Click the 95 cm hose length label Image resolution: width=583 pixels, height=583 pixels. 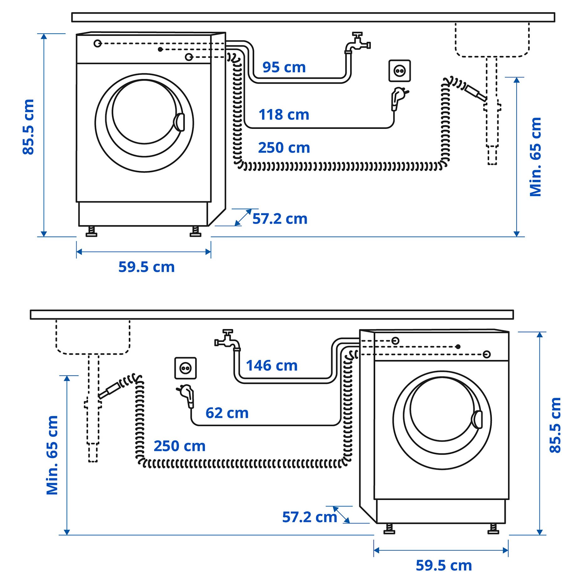284,67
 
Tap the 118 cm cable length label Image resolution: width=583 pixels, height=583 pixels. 284,115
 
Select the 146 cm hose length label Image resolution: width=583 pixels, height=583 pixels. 271,366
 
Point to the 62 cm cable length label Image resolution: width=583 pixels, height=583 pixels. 227,413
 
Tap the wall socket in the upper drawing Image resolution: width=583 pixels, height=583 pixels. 399,71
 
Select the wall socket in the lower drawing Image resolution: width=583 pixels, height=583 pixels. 185,368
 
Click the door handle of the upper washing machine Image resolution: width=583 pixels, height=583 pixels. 180,122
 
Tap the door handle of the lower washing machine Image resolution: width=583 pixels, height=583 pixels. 477,419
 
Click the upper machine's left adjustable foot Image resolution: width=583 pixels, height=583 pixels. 91,232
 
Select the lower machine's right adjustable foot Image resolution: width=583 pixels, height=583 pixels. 493,529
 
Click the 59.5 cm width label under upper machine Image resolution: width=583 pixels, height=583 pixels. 146,267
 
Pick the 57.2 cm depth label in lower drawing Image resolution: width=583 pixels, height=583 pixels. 309,517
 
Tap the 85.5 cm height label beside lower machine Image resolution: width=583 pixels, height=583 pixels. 555,425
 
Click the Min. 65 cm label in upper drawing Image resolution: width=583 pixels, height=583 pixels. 535,157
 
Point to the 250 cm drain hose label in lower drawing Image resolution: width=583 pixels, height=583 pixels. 179,446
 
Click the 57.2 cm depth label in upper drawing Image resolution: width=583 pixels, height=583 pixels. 280,219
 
